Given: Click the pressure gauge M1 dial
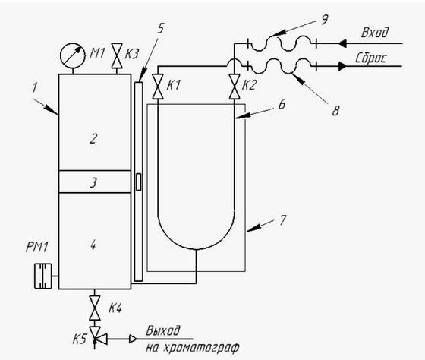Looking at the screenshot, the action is [72, 55].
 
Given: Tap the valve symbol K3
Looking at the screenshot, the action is [117, 55].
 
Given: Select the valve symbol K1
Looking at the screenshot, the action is [158, 87].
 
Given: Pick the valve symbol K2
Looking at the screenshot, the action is [234, 87].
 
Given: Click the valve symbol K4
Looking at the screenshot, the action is [95, 308].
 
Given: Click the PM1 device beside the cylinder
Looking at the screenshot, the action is [42, 276].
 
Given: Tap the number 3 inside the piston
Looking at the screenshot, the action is [93, 182].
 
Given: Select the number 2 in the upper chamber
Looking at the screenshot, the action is [93, 138].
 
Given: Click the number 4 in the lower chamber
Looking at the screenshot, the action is [93, 245].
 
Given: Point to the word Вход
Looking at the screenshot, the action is [375, 33].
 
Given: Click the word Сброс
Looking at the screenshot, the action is [371, 58].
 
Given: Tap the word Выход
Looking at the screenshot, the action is [163, 330].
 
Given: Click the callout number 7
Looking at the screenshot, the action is [282, 220].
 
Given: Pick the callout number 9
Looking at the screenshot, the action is [325, 20].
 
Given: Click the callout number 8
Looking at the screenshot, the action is [335, 111].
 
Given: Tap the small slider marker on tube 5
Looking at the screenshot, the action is [138, 182].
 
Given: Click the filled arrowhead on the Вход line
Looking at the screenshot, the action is [342, 43].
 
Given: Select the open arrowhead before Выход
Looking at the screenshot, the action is [133, 339].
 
